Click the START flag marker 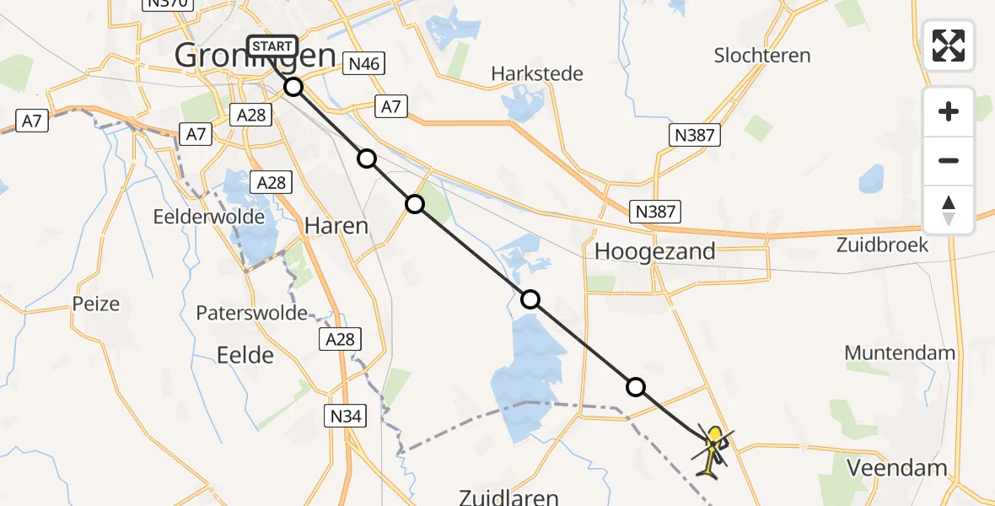coord(272,46)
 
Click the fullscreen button coord(949,46)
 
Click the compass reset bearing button coord(949,210)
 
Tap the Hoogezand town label coord(654,250)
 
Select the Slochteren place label coord(761,56)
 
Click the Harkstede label coord(537,74)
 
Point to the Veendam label coord(896,467)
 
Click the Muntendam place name coord(900,353)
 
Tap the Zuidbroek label coord(882,245)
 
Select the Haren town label coord(336,225)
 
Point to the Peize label coord(96,304)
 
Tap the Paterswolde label coord(251,313)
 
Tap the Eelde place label coord(245,354)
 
